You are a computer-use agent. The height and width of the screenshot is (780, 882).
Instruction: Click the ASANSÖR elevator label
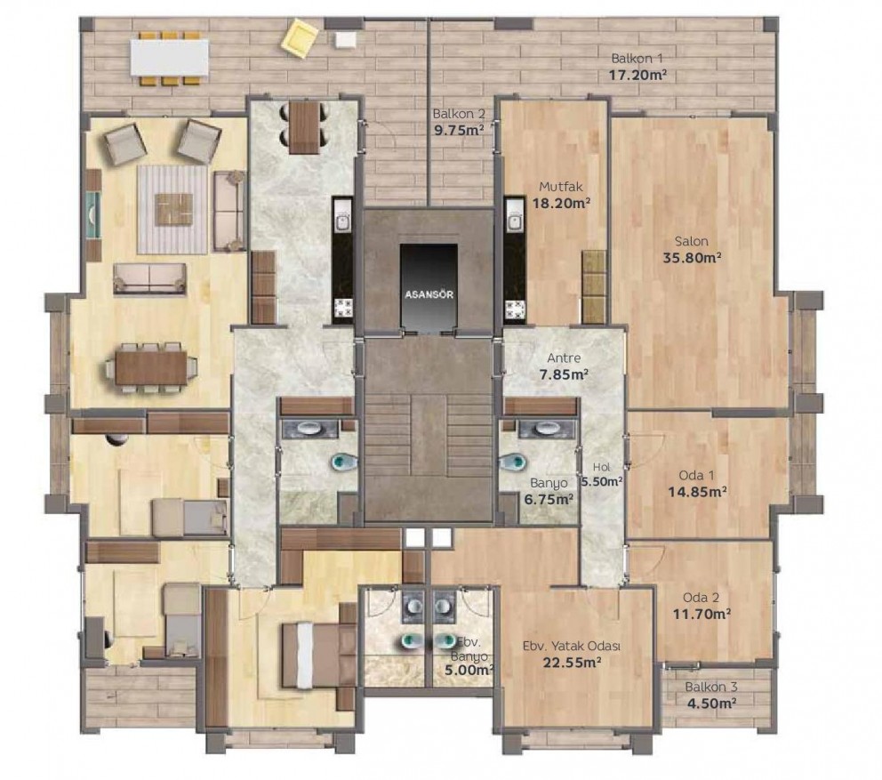point(429,294)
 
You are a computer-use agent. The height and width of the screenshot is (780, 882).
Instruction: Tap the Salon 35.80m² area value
point(693,258)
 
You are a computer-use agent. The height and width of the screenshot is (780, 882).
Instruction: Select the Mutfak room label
point(561,186)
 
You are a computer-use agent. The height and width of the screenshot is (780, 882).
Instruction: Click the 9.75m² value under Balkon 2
point(459,130)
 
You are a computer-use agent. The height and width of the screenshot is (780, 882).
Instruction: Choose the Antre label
point(564,358)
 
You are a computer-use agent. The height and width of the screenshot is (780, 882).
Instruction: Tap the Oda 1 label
point(696,476)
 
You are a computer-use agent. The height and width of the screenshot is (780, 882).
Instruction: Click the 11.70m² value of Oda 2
point(702,614)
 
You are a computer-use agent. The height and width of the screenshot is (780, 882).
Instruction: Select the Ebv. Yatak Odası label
point(572,647)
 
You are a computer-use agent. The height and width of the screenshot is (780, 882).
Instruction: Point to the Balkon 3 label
point(711,688)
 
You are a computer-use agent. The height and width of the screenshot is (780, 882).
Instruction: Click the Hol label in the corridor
point(601,467)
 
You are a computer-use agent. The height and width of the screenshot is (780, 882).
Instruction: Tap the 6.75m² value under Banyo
point(549,499)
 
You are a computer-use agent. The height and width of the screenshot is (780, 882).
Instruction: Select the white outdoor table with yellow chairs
point(169,58)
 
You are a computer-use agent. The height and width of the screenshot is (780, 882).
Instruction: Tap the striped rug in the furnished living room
point(173,209)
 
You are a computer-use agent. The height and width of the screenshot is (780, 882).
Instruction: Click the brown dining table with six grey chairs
point(151,367)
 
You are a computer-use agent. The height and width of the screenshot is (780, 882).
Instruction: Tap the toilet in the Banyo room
point(512,462)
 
